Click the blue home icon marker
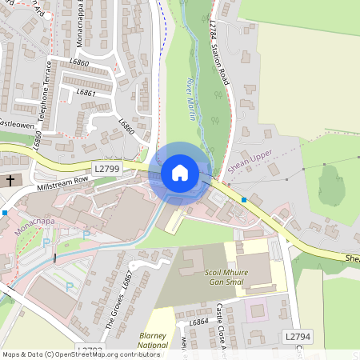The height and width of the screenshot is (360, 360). coord(180,172)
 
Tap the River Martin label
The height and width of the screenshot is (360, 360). coord(190,99)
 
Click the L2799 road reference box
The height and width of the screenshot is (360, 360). coord(106,169)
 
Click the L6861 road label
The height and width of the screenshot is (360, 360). coord(86,94)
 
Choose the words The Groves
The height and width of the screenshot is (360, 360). coord(114,315)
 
